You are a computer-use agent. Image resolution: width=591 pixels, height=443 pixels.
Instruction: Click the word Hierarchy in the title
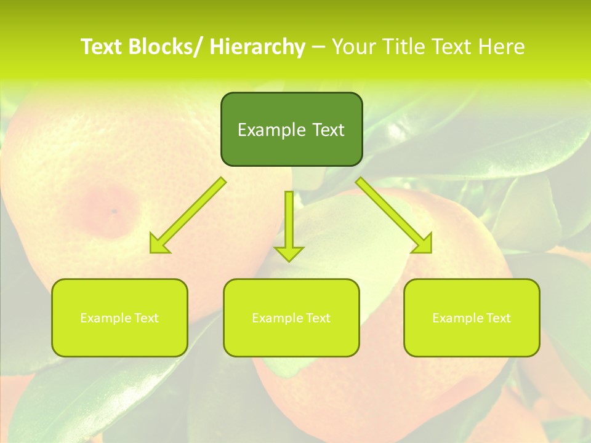[x=257, y=47]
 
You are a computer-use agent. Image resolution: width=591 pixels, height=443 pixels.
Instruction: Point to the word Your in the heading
[x=355, y=47]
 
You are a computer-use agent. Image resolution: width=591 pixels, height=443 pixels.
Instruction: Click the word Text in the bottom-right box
[x=499, y=318]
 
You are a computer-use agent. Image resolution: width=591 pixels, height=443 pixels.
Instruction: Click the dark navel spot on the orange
[x=114, y=212]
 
